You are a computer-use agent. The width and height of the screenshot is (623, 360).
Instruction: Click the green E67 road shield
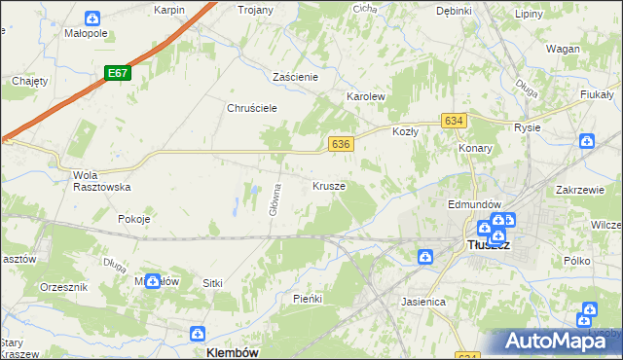click(118, 73)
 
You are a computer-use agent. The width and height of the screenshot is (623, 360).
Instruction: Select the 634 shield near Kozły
click(453, 120)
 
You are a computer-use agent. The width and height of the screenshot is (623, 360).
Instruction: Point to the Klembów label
click(233, 353)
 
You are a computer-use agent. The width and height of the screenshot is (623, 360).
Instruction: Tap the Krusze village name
click(329, 185)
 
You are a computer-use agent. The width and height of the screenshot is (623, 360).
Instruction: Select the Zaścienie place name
click(297, 76)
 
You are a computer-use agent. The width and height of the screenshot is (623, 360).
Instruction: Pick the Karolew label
click(367, 97)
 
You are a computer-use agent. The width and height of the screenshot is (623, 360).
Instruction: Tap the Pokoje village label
click(134, 219)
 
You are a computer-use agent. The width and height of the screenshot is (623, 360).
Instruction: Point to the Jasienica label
click(423, 302)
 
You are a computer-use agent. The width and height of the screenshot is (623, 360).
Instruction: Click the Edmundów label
click(474, 204)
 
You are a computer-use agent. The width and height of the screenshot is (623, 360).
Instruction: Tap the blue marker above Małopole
click(92, 18)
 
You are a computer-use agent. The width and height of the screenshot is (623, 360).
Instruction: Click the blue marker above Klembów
click(200, 332)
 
